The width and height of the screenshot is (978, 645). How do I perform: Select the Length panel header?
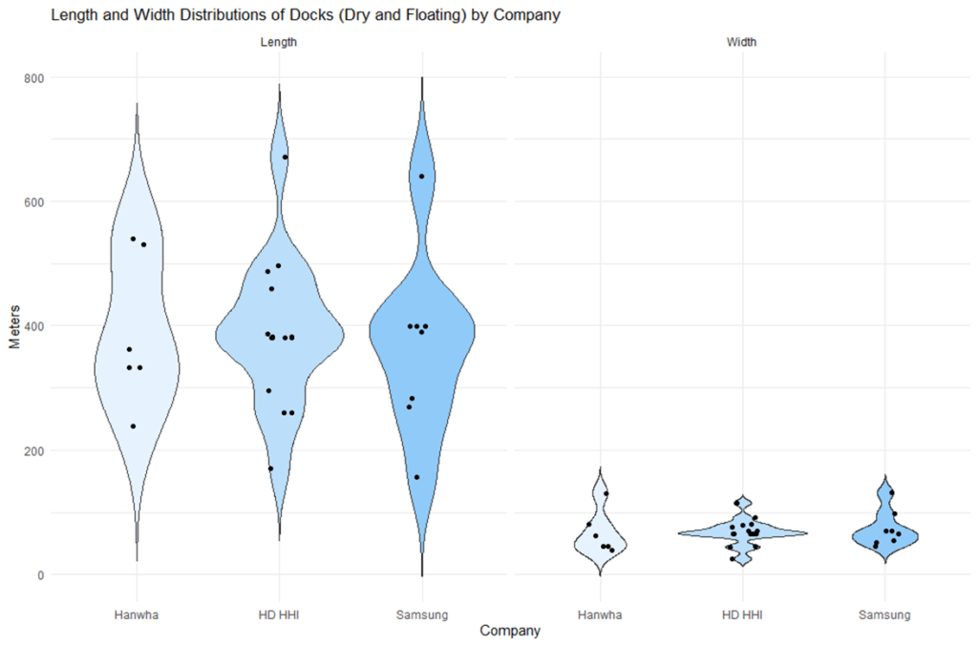coord(278,42)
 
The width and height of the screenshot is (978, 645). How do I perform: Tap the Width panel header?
coord(742,42)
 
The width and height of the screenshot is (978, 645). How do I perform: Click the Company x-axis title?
coord(510,631)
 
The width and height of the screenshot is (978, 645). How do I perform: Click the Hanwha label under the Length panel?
coord(136,614)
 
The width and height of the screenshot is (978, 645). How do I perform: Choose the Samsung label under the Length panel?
coord(421,614)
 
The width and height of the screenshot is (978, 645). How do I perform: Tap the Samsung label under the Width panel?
coord(884,614)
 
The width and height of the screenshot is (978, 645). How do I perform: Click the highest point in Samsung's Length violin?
coord(421,177)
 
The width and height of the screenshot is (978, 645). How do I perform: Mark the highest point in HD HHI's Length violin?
coord(285,156)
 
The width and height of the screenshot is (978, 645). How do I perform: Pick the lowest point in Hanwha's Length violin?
coord(134,426)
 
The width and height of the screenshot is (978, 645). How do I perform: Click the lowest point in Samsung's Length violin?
coord(416,477)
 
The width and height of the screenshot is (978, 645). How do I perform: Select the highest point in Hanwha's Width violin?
coord(606,493)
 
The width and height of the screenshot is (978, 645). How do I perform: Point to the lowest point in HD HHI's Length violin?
coord(270,468)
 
